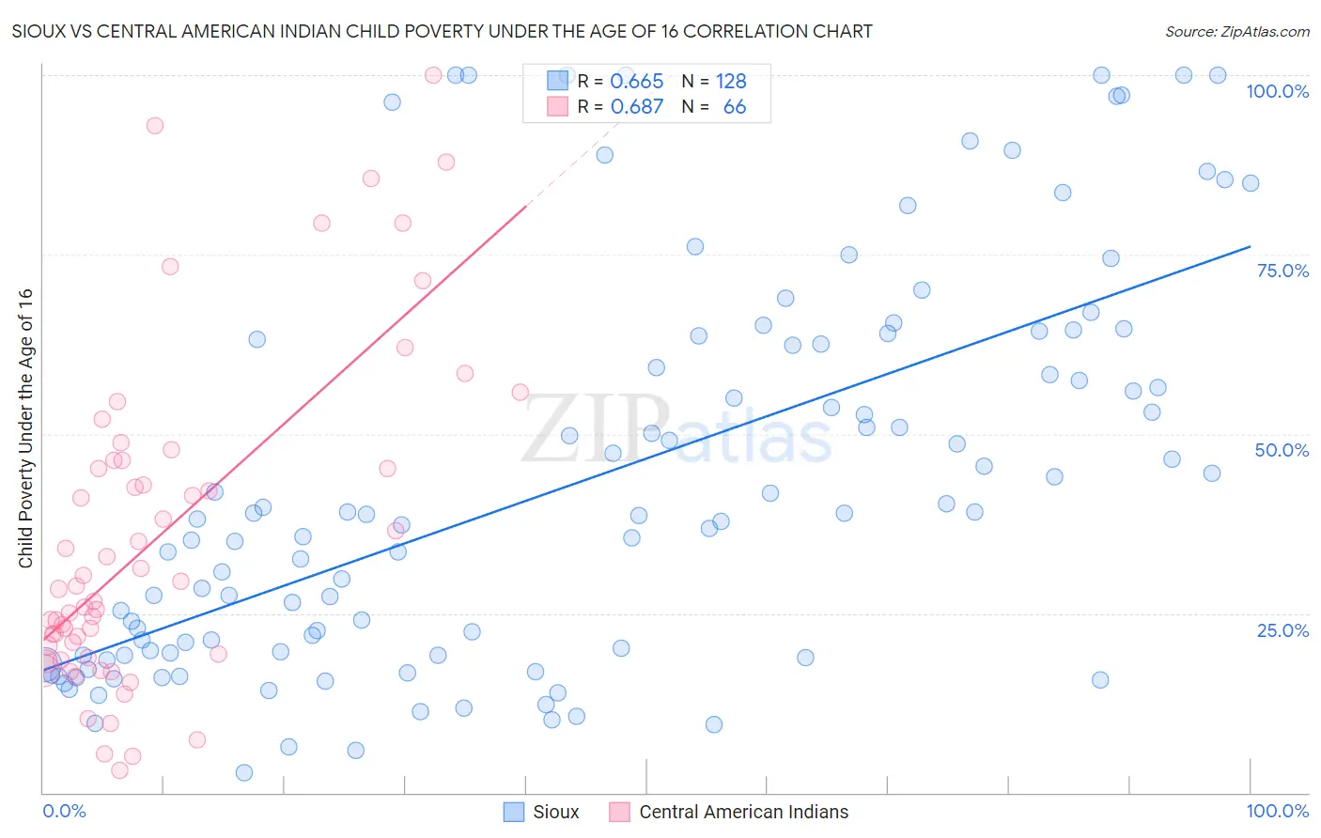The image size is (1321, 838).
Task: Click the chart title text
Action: click(x=442, y=31)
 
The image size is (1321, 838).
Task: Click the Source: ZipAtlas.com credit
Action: click(x=1236, y=31)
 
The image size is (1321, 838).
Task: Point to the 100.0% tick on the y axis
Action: click(x=1277, y=91)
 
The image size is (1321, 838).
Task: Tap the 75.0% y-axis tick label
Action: click(x=1282, y=271)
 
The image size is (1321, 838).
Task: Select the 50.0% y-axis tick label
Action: click(x=1282, y=450)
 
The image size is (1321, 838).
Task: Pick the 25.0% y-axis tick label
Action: click(x=1282, y=629)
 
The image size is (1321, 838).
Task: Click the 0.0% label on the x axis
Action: click(x=64, y=811)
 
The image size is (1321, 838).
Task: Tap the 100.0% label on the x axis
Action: click(x=1277, y=811)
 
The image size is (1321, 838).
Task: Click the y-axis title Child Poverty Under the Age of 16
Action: click(x=26, y=427)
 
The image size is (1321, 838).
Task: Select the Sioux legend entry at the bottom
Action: click(x=555, y=812)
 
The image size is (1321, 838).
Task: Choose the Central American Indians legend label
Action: click(x=743, y=812)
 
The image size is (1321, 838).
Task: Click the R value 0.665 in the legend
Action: click(x=637, y=82)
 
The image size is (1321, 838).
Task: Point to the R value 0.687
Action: click(x=637, y=107)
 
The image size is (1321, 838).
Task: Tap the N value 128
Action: click(x=731, y=82)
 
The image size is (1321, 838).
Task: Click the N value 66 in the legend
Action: click(x=734, y=107)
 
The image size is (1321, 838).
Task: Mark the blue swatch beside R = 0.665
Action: click(x=557, y=81)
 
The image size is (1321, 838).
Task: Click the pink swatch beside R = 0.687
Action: click(x=557, y=106)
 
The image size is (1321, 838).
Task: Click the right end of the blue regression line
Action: click(x=1250, y=246)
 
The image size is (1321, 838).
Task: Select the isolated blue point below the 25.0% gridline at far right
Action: click(x=1100, y=679)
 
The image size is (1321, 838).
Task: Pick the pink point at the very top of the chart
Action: click(x=433, y=75)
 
